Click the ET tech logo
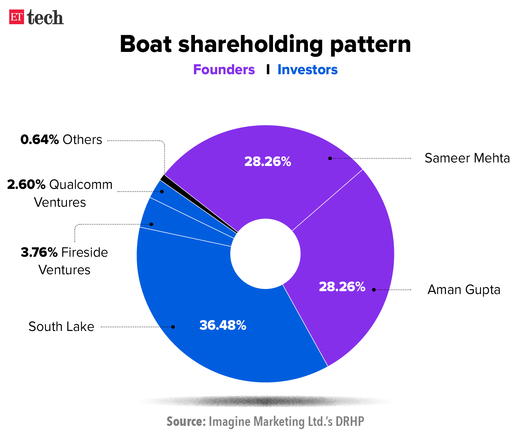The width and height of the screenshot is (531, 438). (36, 17)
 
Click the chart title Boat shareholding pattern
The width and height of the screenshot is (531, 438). (265, 44)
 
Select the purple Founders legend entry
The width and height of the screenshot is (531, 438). (224, 70)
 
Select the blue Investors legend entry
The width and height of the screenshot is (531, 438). (307, 70)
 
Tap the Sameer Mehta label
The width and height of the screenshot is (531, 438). (467, 158)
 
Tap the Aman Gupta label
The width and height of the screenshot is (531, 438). (464, 290)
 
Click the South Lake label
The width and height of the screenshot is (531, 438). (61, 327)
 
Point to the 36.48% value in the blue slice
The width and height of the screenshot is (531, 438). (223, 325)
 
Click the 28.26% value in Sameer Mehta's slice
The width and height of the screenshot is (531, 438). (268, 162)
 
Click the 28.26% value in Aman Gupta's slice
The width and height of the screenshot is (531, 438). (342, 287)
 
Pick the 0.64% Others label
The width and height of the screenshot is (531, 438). (61, 140)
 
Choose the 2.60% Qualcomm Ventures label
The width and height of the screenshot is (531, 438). (60, 193)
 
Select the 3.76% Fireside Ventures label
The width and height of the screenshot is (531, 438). (64, 261)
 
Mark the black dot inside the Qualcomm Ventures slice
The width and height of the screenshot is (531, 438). (162, 191)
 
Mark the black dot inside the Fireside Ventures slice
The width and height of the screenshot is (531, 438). (151, 224)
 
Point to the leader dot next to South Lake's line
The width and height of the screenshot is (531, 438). (173, 327)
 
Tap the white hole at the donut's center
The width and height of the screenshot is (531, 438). (265, 254)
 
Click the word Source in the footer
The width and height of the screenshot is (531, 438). (186, 421)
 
